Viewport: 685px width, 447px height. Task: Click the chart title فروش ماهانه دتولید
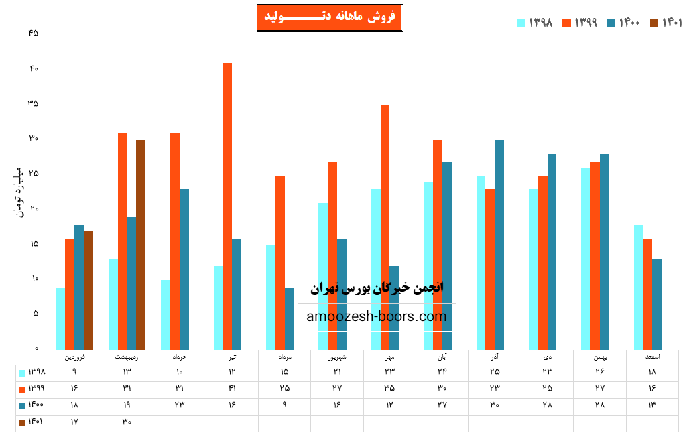pyautogui.click(x=330, y=17)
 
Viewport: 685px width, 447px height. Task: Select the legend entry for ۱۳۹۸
pyautogui.click(x=535, y=23)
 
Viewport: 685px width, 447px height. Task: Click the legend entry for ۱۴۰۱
pyautogui.click(x=667, y=23)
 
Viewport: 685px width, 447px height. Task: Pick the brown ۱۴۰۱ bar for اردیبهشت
pyautogui.click(x=141, y=245)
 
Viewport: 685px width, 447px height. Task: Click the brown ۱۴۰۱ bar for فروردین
pyautogui.click(x=88, y=290)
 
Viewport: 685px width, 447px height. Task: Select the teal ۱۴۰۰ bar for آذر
pyautogui.click(x=499, y=245)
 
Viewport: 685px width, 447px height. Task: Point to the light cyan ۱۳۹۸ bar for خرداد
pyautogui.click(x=166, y=314)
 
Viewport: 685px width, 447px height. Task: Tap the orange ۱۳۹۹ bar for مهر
pyautogui.click(x=385, y=227)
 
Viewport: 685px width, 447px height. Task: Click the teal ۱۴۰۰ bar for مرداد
pyautogui.click(x=289, y=318)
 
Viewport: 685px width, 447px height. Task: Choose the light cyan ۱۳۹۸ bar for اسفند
pyautogui.click(x=638, y=287)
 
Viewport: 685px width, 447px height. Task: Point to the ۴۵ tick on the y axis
pyautogui.click(x=34, y=34)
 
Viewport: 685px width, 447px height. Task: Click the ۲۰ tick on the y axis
pyautogui.click(x=34, y=208)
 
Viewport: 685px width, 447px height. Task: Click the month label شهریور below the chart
pyautogui.click(x=332, y=357)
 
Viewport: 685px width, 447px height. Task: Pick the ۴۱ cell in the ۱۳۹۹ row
pyautogui.click(x=232, y=388)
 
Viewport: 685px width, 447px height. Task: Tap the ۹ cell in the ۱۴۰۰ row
pyautogui.click(x=284, y=405)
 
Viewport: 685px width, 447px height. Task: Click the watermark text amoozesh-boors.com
pyautogui.click(x=376, y=317)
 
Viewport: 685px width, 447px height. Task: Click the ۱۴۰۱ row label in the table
pyautogui.click(x=32, y=422)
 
